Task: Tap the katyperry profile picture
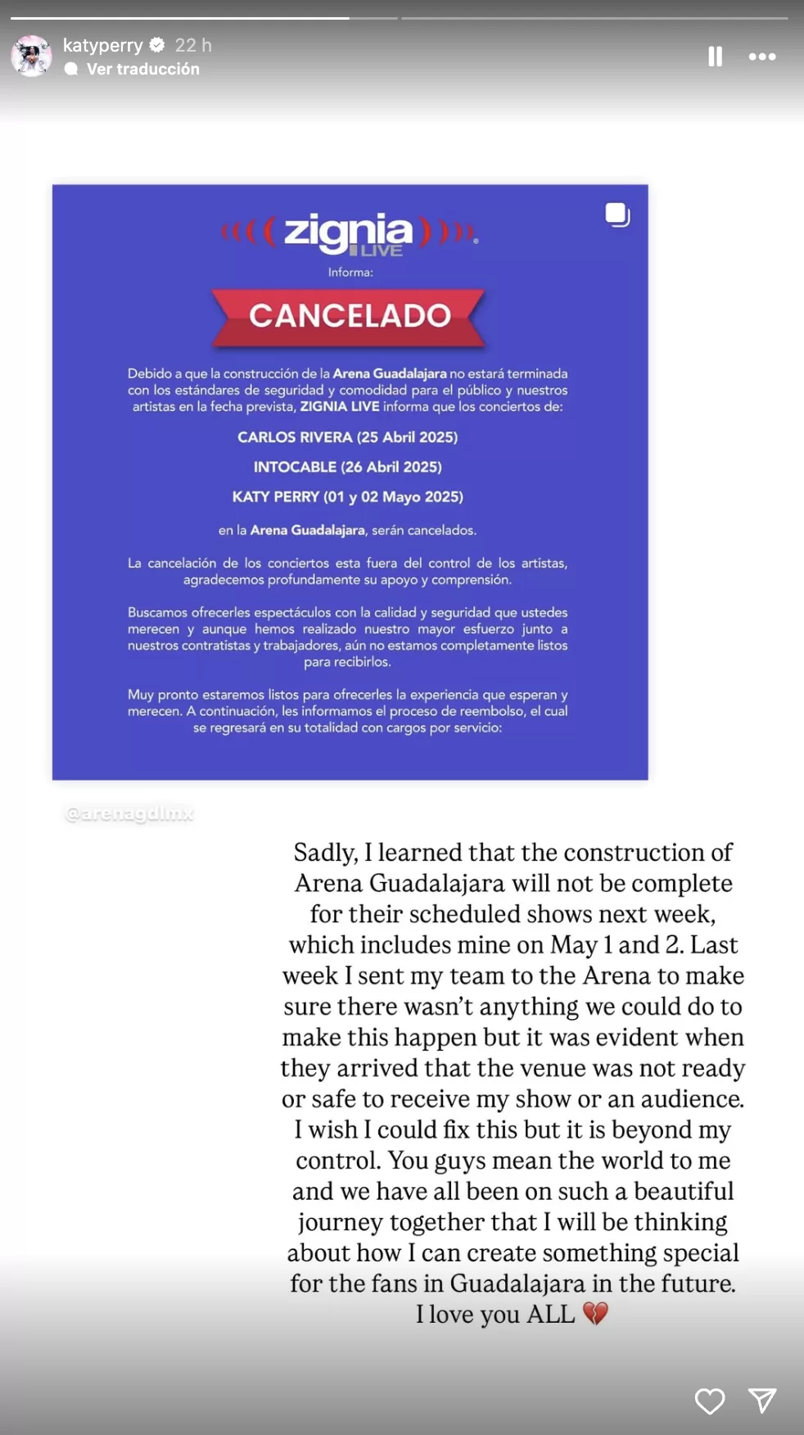(x=31, y=56)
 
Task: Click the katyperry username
(x=102, y=45)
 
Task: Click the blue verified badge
(x=157, y=45)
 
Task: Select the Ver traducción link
(x=142, y=69)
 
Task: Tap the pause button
(x=715, y=57)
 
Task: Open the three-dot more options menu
(x=761, y=57)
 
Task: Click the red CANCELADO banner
(x=350, y=316)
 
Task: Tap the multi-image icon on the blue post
(x=617, y=215)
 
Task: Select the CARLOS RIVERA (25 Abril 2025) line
(x=348, y=437)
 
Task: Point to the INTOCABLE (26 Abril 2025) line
(x=348, y=467)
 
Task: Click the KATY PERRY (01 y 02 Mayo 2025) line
(x=348, y=497)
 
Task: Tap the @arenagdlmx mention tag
(x=129, y=813)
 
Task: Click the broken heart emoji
(x=595, y=1314)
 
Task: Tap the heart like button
(x=710, y=1401)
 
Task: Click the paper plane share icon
(x=762, y=1401)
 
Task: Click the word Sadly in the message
(x=325, y=853)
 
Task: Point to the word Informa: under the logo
(x=350, y=273)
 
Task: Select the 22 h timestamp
(x=193, y=45)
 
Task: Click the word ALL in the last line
(x=550, y=1315)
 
